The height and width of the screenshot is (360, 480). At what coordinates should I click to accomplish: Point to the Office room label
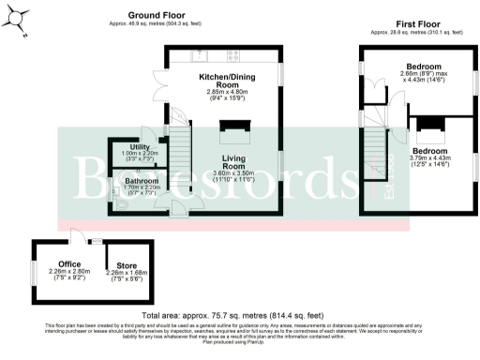(x=69, y=263)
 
